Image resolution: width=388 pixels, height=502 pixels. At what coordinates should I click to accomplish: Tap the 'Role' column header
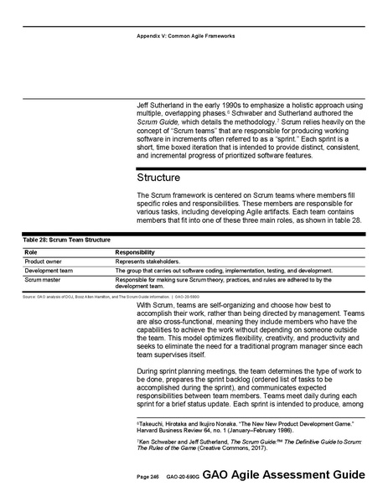(x=30, y=251)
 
